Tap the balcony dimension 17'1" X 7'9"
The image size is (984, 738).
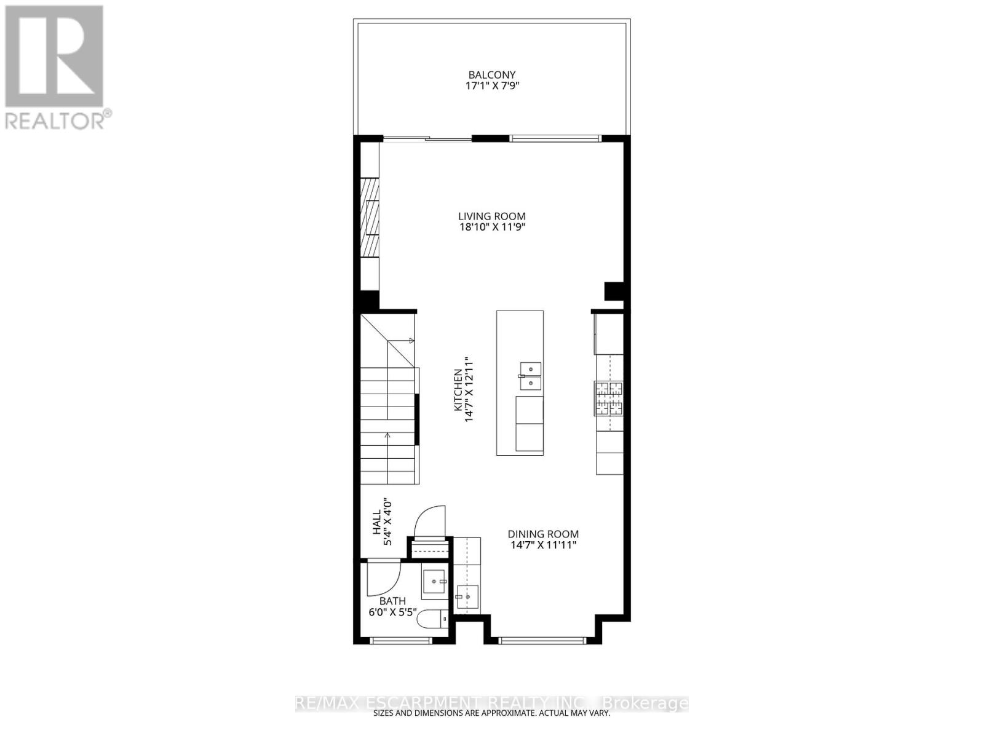tap(492, 86)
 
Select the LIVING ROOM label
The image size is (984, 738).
tap(491, 216)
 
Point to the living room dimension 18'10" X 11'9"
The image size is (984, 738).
tap(491, 227)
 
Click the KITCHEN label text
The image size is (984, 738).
tap(458, 390)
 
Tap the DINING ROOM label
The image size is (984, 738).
tap(543, 534)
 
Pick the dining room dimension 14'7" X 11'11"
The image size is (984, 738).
tap(543, 545)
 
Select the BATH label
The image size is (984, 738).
tap(392, 601)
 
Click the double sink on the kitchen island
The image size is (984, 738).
tap(530, 376)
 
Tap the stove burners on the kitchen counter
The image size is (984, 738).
tap(608, 398)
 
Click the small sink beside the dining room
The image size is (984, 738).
tap(467, 596)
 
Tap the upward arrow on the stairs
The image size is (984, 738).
tap(387, 436)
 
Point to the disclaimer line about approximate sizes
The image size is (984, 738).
tap(492, 713)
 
